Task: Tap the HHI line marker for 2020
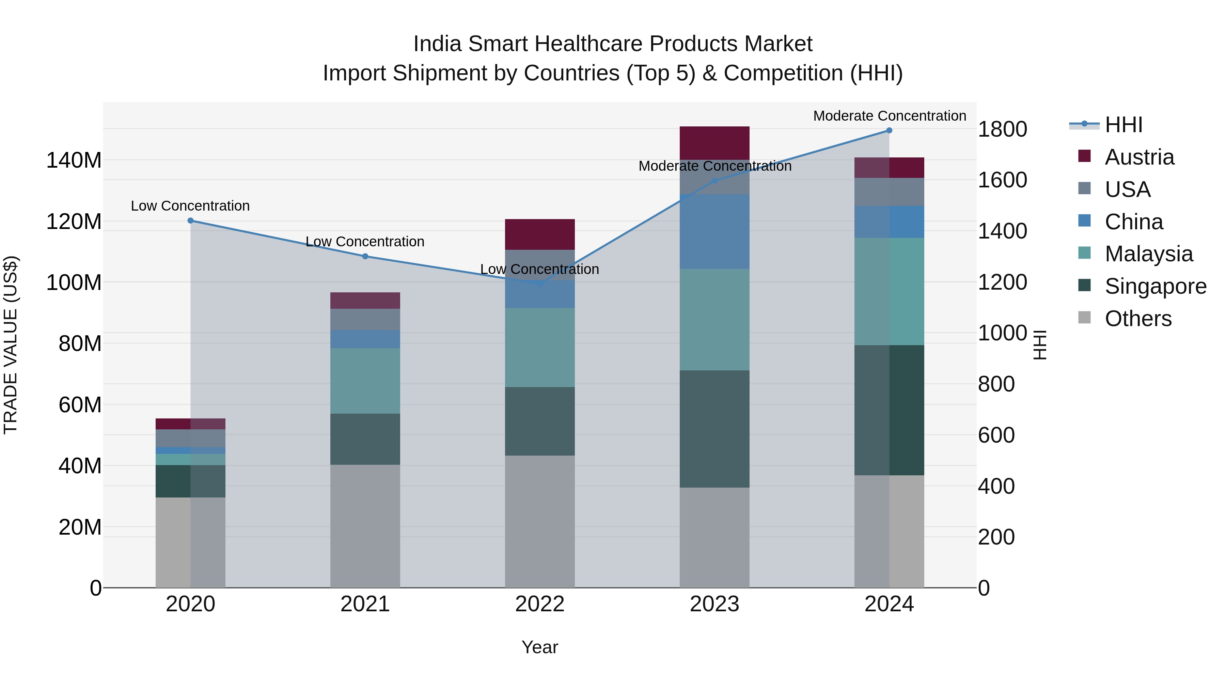pos(190,220)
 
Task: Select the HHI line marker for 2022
pos(540,283)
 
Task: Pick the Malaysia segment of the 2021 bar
pos(365,381)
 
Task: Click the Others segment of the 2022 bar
pos(540,521)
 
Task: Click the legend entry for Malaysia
pos(1148,254)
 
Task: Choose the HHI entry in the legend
pos(1123,125)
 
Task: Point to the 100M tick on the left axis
pos(74,282)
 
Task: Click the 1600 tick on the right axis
pos(1002,180)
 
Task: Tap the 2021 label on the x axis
pos(365,604)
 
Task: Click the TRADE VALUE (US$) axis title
pos(11,345)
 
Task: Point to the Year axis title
pos(540,647)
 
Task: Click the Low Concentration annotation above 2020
pos(190,206)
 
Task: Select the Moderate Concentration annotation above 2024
pos(889,116)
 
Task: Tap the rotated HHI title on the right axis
pos(1040,345)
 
